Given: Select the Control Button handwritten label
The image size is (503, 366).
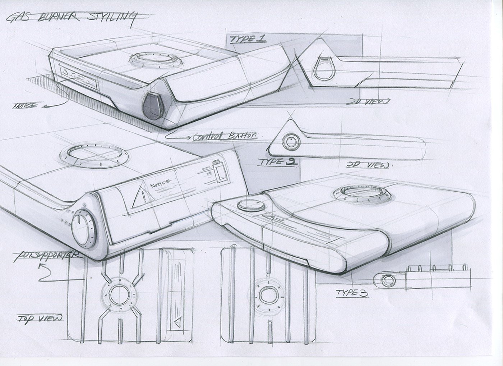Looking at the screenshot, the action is [x=225, y=136].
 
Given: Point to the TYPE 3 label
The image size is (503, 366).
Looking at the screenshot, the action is [x=352, y=293].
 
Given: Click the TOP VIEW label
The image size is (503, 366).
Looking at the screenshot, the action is [x=40, y=318].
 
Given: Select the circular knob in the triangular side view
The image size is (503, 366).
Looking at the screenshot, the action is [x=291, y=142].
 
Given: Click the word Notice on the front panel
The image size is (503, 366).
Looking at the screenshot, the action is [x=160, y=184].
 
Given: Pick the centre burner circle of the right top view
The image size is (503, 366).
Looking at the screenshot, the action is [x=267, y=294].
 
